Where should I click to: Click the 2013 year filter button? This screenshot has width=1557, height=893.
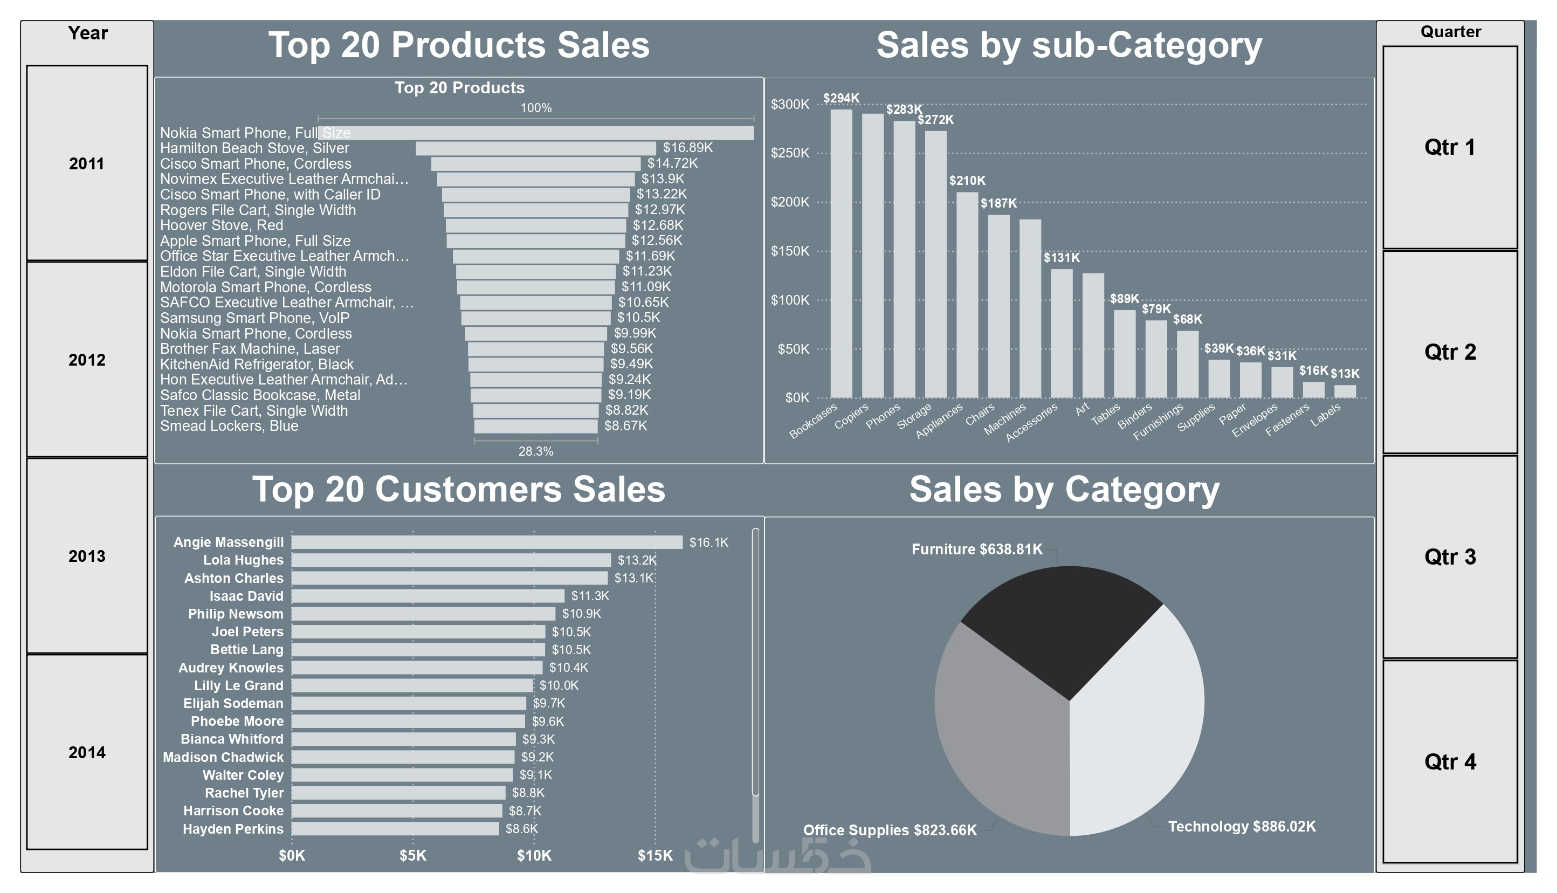[x=86, y=555]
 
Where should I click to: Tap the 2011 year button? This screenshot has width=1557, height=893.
[x=86, y=163]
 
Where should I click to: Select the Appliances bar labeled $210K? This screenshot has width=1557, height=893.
[x=967, y=294]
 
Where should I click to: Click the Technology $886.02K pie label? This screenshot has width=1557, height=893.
[x=1241, y=826]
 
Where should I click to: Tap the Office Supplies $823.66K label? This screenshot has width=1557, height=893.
[x=890, y=830]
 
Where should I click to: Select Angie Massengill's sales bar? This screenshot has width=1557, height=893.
[x=487, y=542]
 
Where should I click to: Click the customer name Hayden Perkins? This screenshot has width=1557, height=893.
[x=233, y=829]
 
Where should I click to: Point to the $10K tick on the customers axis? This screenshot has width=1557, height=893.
[x=533, y=855]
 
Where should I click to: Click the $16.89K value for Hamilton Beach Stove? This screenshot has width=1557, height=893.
[x=687, y=148]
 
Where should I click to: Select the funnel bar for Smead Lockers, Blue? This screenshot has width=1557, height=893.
[x=536, y=426]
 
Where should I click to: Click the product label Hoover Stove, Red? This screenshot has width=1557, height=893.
[x=221, y=225]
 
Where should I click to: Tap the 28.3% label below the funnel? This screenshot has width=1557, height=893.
[x=536, y=451]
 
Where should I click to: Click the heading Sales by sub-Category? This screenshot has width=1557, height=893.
[x=1069, y=45]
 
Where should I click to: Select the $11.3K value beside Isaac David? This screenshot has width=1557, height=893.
[x=590, y=595]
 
